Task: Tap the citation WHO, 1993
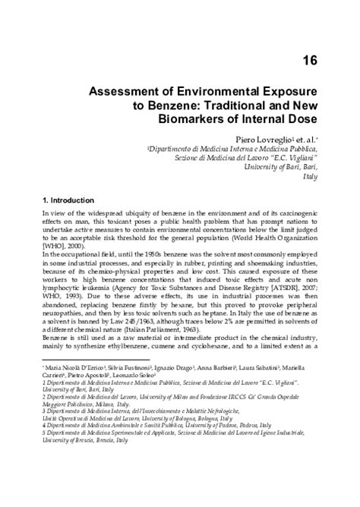[58, 292]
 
